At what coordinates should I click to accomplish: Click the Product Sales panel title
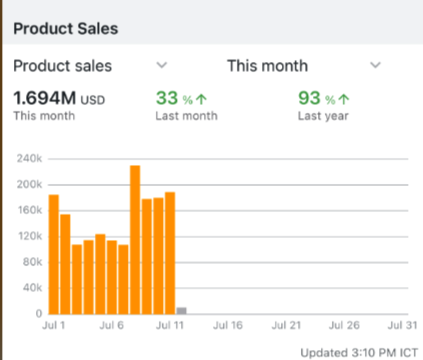(65, 28)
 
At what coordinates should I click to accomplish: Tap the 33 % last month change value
(175, 98)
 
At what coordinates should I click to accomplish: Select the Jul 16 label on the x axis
(229, 327)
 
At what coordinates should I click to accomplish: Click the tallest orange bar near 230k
(135, 240)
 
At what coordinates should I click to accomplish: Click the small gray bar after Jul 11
(181, 310)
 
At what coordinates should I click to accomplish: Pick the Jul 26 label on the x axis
(343, 327)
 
